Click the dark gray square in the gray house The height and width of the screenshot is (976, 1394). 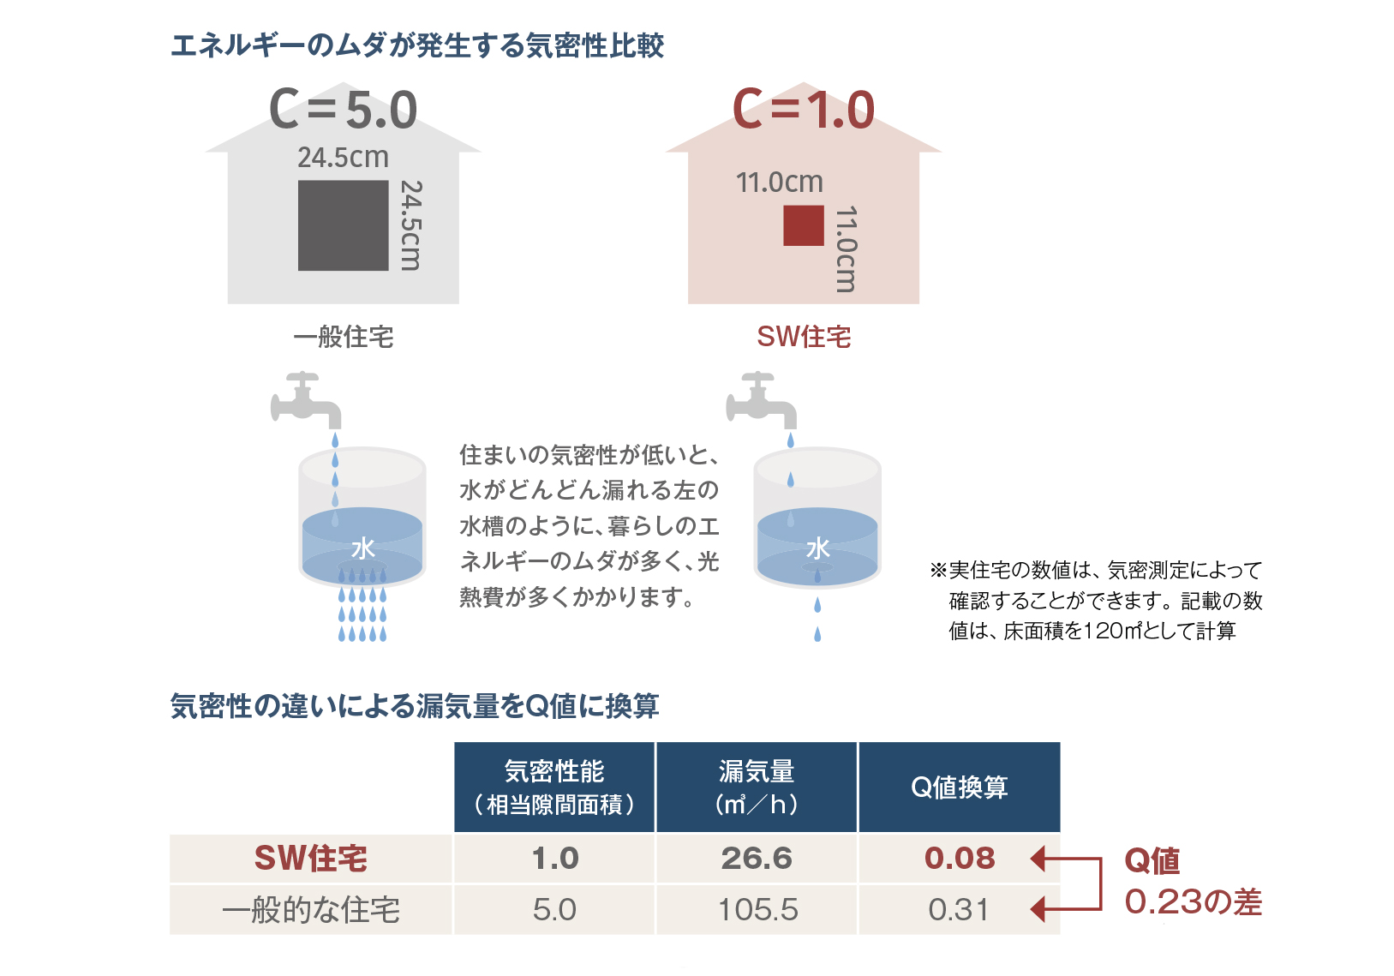tap(344, 225)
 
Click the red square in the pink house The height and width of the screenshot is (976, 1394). tap(804, 225)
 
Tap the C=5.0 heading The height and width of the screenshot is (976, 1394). tap(343, 110)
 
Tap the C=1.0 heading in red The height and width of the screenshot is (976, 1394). tap(804, 110)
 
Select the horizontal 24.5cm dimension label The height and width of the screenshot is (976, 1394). tap(343, 158)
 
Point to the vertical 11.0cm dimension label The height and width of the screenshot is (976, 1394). tap(846, 249)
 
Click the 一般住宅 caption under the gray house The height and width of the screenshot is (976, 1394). tap(344, 337)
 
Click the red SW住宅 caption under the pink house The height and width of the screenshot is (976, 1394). tap(804, 337)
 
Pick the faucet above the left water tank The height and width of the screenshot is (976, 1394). tap(306, 400)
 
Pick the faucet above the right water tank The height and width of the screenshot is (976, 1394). tap(761, 400)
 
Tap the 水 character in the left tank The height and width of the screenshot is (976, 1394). tap(363, 549)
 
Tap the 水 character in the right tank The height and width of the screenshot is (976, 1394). tap(818, 549)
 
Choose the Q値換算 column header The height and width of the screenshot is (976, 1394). tap(960, 787)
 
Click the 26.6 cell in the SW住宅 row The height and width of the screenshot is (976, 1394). tap(757, 859)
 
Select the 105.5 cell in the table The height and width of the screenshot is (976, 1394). tap(758, 910)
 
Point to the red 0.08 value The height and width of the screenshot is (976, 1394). tap(960, 859)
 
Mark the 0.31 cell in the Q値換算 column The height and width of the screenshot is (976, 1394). tap(959, 910)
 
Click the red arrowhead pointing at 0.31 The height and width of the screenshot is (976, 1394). tap(1038, 909)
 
